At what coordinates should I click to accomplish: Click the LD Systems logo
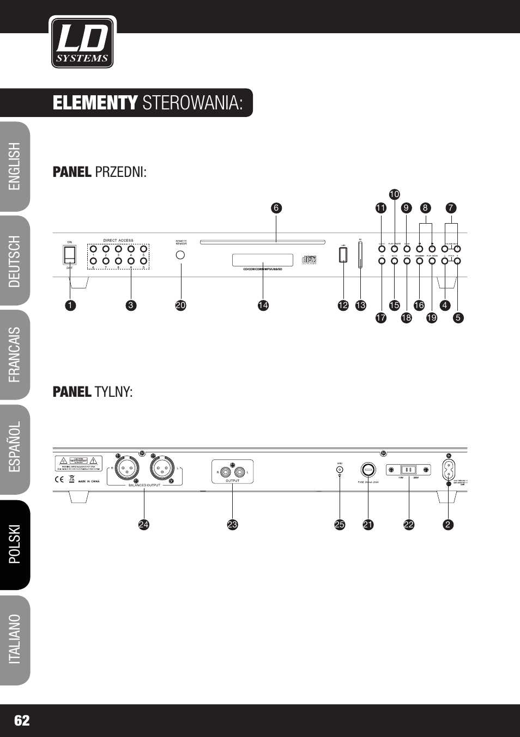82,42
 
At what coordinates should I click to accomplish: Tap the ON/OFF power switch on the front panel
70,255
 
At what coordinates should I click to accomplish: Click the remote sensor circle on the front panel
181,255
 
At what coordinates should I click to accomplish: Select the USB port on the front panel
343,255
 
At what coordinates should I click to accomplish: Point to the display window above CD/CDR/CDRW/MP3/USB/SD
263,260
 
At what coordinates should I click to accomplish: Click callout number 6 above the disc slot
276,208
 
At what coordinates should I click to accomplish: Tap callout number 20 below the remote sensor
181,305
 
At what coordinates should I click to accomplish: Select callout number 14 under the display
263,305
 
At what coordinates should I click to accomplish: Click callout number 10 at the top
395,194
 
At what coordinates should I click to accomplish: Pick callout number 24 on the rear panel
143,525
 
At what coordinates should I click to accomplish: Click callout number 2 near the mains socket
448,525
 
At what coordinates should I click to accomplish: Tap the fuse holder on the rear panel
368,469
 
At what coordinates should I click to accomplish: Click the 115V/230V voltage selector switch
408,470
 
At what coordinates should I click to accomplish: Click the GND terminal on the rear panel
340,469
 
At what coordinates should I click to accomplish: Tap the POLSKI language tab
15,544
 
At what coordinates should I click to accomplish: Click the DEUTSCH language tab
15,261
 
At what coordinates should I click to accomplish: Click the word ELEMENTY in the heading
95,103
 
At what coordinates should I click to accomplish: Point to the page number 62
22,721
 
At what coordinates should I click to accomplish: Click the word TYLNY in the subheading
113,392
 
